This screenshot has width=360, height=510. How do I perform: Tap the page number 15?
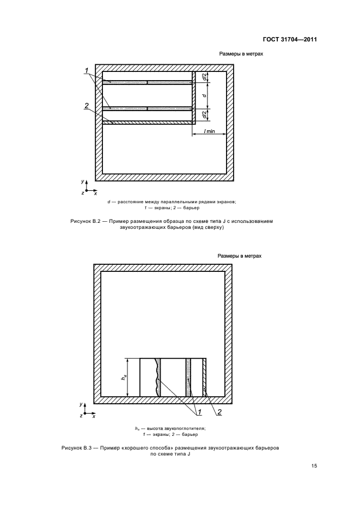[314, 466]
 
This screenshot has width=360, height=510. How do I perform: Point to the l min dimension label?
[210, 132]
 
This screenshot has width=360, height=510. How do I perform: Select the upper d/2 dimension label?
[204, 78]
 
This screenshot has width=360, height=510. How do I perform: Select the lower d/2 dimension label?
[204, 115]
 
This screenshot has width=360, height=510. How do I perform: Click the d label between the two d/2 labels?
[204, 96]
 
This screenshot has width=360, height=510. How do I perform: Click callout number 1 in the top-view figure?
[87, 69]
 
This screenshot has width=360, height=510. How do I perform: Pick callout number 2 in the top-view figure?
[87, 105]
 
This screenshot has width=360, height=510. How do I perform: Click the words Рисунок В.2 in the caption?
[85, 221]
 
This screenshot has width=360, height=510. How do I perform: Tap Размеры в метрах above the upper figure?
[241, 54]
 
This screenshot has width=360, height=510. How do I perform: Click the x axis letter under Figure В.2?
[95, 193]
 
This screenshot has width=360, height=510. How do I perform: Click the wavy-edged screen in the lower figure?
[158, 377]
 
